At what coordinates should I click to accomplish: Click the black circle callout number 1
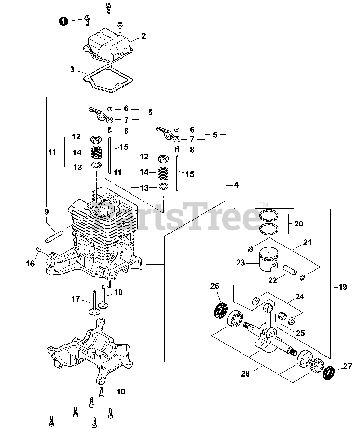point(63,21)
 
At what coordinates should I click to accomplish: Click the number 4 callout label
point(236,185)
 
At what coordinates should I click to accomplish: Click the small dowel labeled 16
point(39,251)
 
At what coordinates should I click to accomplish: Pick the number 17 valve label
point(75,299)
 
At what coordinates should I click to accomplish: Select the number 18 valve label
point(118,292)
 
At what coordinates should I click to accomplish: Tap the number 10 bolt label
point(121,392)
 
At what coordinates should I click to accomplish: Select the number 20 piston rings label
point(299,224)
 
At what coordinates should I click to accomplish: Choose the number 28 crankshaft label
point(245,373)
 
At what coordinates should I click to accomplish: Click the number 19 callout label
point(342,287)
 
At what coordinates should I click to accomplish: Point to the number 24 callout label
point(300,297)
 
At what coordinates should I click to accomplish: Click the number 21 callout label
point(307,242)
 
